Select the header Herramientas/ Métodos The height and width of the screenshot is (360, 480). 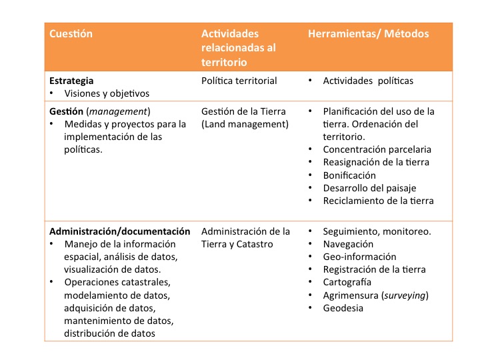pyautogui.click(x=368, y=33)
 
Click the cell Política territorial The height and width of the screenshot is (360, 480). pyautogui.click(x=239, y=81)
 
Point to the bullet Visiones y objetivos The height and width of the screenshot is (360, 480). pyautogui.click(x=107, y=93)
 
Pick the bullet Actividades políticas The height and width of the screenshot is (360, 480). pyautogui.click(x=368, y=81)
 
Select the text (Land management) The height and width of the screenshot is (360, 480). pyautogui.click(x=245, y=124)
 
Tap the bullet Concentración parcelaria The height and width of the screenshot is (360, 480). pyautogui.click(x=377, y=149)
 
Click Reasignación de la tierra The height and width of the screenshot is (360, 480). pyautogui.click(x=376, y=162)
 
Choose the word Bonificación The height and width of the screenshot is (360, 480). pyautogui.click(x=350, y=175)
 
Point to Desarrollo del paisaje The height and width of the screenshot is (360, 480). pyautogui.click(x=369, y=188)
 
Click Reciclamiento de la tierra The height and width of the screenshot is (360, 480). pyautogui.click(x=378, y=201)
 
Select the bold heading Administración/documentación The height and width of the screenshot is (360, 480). pyautogui.click(x=119, y=231)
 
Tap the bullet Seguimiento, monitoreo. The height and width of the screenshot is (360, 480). pyautogui.click(x=377, y=231)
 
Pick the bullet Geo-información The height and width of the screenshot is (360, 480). pyautogui.click(x=359, y=257)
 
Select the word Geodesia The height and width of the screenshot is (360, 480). pyautogui.click(x=343, y=308)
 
